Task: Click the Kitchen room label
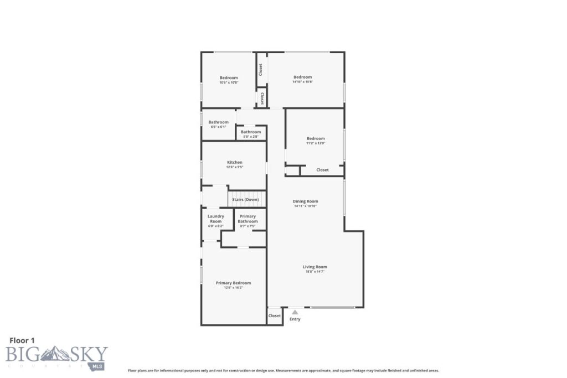(x=234, y=162)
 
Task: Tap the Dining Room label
(x=305, y=201)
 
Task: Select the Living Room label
(x=315, y=267)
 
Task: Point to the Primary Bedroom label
(x=233, y=283)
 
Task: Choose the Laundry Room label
(x=215, y=219)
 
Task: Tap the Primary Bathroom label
(x=248, y=219)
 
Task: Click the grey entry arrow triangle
(x=295, y=312)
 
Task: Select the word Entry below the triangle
(x=295, y=319)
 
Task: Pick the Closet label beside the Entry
(x=275, y=316)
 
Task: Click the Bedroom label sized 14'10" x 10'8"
(x=302, y=77)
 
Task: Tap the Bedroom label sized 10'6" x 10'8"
(x=229, y=77)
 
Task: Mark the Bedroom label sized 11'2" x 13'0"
(x=316, y=138)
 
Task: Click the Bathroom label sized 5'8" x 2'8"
(x=251, y=132)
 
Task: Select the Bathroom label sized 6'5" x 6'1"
(x=218, y=122)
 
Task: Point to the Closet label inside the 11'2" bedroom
(x=322, y=170)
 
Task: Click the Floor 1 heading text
(x=22, y=340)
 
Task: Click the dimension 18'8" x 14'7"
(x=315, y=272)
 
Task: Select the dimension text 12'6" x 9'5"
(x=234, y=167)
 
